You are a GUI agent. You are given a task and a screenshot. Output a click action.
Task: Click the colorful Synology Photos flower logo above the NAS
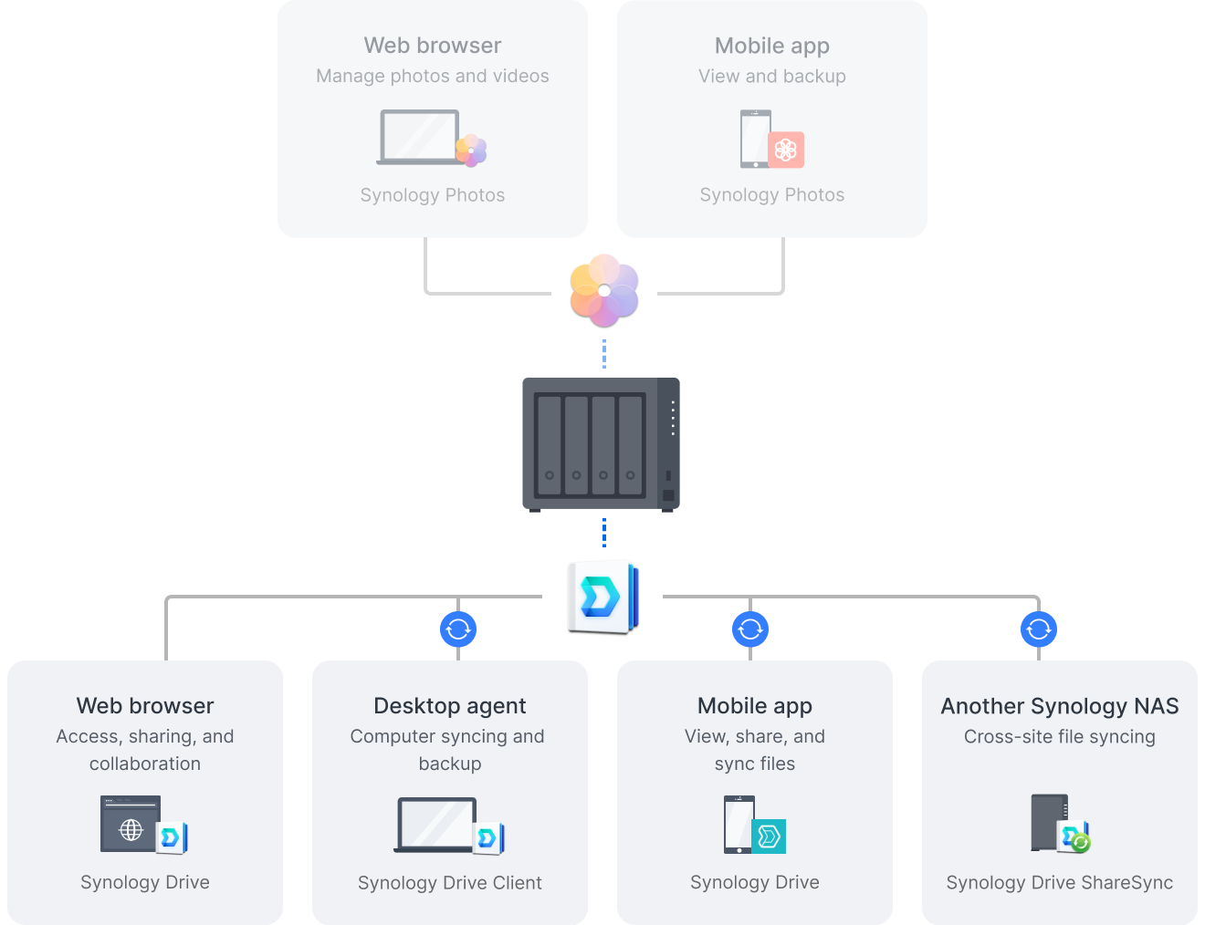[604, 290]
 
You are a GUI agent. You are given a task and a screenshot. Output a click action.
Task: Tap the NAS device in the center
[601, 444]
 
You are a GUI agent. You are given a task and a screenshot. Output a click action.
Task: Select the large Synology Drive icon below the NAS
[602, 597]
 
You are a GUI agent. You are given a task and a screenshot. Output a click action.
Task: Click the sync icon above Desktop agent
[458, 629]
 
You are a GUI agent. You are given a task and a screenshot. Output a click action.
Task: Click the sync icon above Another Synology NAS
[1039, 629]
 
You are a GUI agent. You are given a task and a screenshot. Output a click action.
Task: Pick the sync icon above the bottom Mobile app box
[750, 629]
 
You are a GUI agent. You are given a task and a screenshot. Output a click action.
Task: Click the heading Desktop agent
[450, 706]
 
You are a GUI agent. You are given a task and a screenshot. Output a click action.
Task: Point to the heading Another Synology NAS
[1059, 706]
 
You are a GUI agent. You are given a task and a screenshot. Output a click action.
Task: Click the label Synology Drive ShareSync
[1059, 883]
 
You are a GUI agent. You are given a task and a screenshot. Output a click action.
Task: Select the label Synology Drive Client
[450, 883]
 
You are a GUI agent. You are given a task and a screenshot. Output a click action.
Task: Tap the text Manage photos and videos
[433, 77]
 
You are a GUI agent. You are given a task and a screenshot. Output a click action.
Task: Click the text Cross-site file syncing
[1059, 737]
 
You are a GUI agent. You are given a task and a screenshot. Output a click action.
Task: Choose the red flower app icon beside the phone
[786, 150]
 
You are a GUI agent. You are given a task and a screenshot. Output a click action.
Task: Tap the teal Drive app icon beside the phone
[769, 836]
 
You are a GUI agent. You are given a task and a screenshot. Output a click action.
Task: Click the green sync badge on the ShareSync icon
[1081, 843]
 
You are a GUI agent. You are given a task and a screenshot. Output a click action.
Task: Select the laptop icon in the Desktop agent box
[436, 825]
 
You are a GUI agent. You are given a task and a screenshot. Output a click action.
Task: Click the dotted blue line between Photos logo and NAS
[604, 354]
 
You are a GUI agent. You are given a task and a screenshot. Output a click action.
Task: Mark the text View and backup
[772, 77]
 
